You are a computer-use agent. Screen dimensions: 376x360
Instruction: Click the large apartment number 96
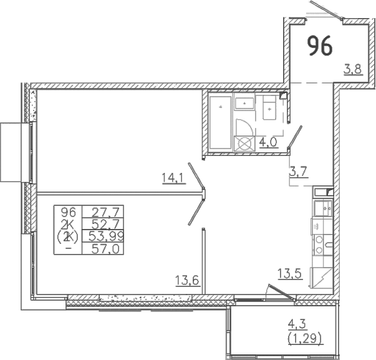[x=320, y=46]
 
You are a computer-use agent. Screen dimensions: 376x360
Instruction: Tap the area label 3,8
[x=353, y=70]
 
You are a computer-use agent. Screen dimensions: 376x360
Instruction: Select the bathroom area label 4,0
[x=268, y=142]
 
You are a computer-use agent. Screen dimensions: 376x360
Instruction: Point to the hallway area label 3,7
[x=299, y=172]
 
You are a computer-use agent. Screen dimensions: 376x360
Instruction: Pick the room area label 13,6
[x=187, y=280]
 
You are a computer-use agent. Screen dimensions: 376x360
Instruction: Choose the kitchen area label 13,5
[x=290, y=274]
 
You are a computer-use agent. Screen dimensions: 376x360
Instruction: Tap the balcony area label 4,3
[x=296, y=324]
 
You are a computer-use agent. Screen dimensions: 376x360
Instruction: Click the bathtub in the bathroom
[x=220, y=122]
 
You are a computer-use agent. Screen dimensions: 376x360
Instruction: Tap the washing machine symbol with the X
[x=244, y=144]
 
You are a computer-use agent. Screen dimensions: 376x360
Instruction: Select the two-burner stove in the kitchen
[x=322, y=245]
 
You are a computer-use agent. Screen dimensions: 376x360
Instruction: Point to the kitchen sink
[x=323, y=208]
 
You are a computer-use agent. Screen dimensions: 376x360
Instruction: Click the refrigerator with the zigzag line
[x=322, y=278]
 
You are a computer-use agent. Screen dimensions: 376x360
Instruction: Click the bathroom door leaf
[x=295, y=136]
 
